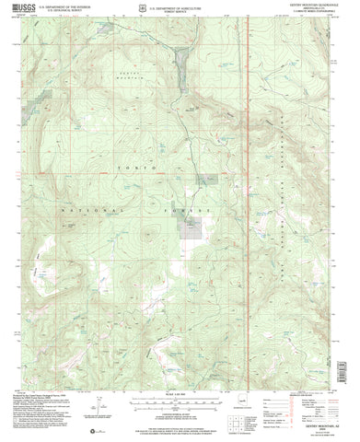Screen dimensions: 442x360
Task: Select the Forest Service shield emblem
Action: (160, 7)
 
